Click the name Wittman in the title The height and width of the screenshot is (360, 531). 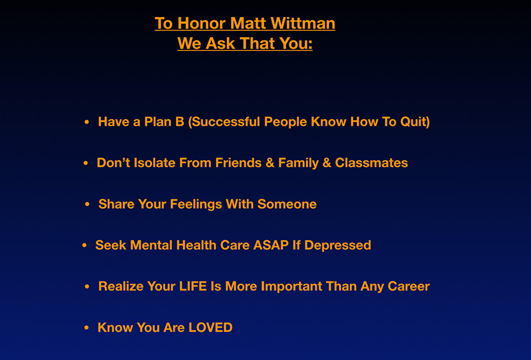pyautogui.click(x=303, y=23)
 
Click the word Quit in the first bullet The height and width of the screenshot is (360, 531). pyautogui.click(x=415, y=122)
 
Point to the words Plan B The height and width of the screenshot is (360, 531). pyautogui.click(x=164, y=122)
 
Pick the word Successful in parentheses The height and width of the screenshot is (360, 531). pyautogui.click(x=224, y=122)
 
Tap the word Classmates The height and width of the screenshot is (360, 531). pyautogui.click(x=371, y=163)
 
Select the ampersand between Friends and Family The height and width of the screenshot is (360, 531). pyautogui.click(x=270, y=163)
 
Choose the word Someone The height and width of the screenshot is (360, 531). pyautogui.click(x=287, y=204)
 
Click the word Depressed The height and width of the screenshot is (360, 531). pyautogui.click(x=338, y=245)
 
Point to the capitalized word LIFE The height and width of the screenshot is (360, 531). pyautogui.click(x=193, y=286)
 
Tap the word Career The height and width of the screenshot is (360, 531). pyautogui.click(x=409, y=286)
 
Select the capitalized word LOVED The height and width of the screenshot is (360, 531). pyautogui.click(x=210, y=328)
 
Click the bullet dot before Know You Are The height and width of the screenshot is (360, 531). pyautogui.click(x=87, y=328)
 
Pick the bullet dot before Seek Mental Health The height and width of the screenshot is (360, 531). pyautogui.click(x=85, y=245)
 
